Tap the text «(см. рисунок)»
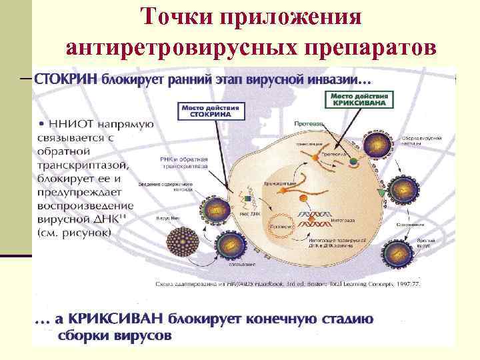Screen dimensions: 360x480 [x=75, y=234]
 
